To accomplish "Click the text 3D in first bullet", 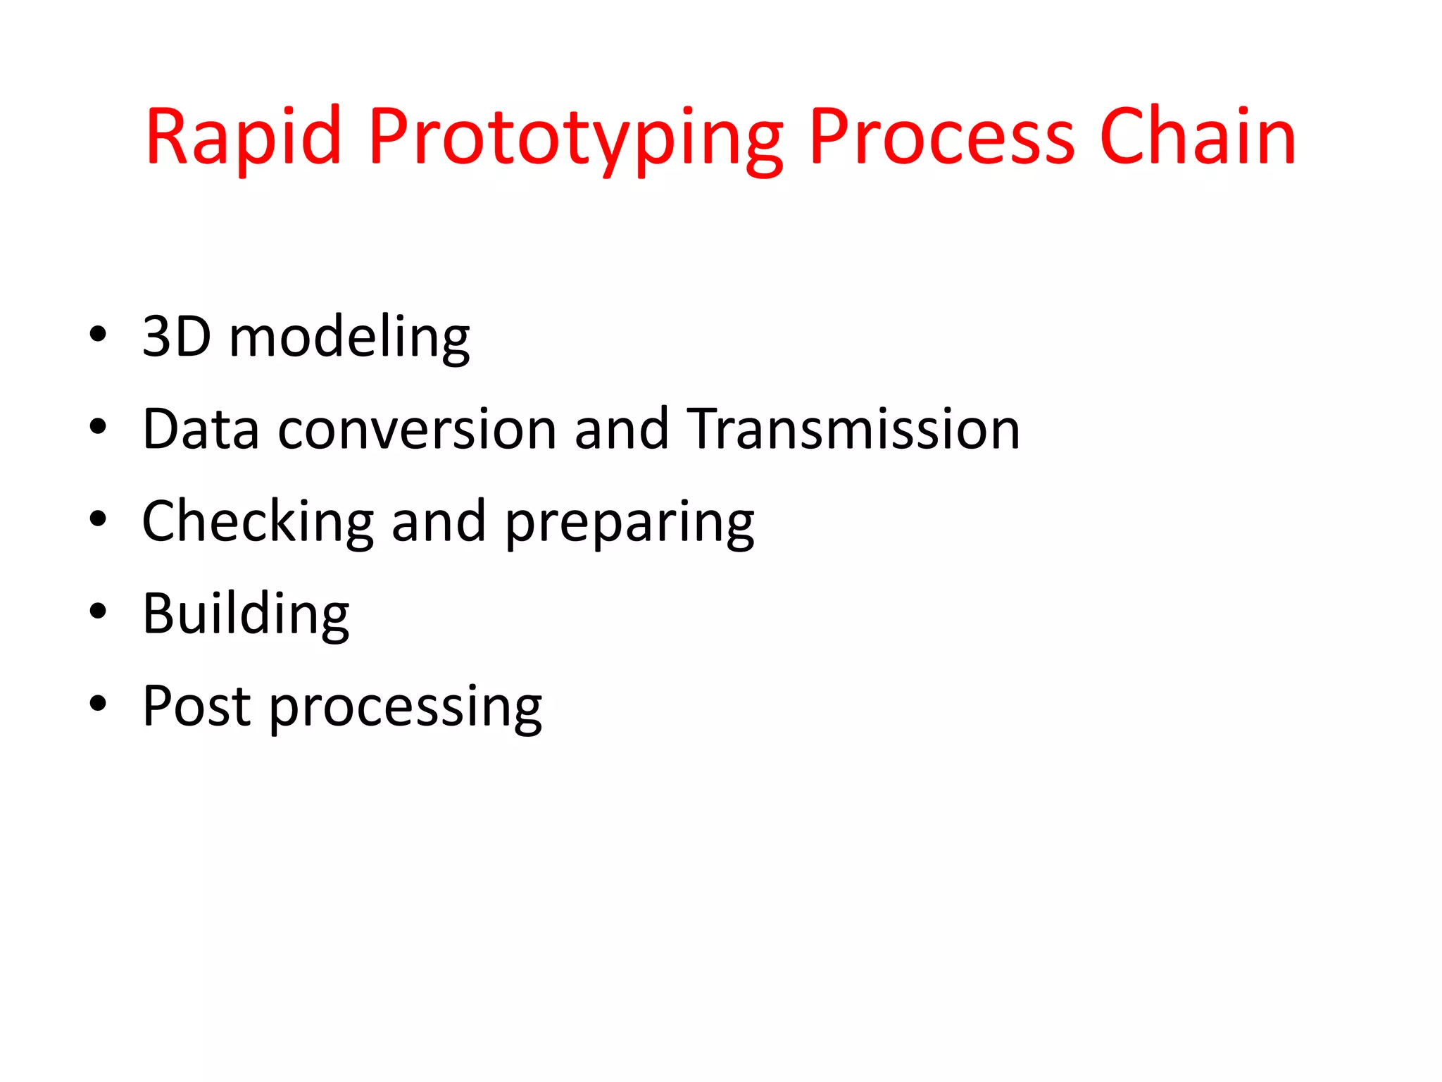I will (x=176, y=337).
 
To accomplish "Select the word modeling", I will (x=349, y=338).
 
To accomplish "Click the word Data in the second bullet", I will (x=201, y=429).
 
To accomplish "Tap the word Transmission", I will (x=853, y=429).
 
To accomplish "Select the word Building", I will (x=246, y=614).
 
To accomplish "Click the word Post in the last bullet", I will (x=196, y=707).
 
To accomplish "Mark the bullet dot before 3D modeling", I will (x=98, y=335).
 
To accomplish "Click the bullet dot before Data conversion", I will (x=98, y=427).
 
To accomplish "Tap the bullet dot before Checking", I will (x=98, y=519).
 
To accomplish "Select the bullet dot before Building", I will (x=98, y=611).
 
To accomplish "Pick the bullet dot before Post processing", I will (x=98, y=704).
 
